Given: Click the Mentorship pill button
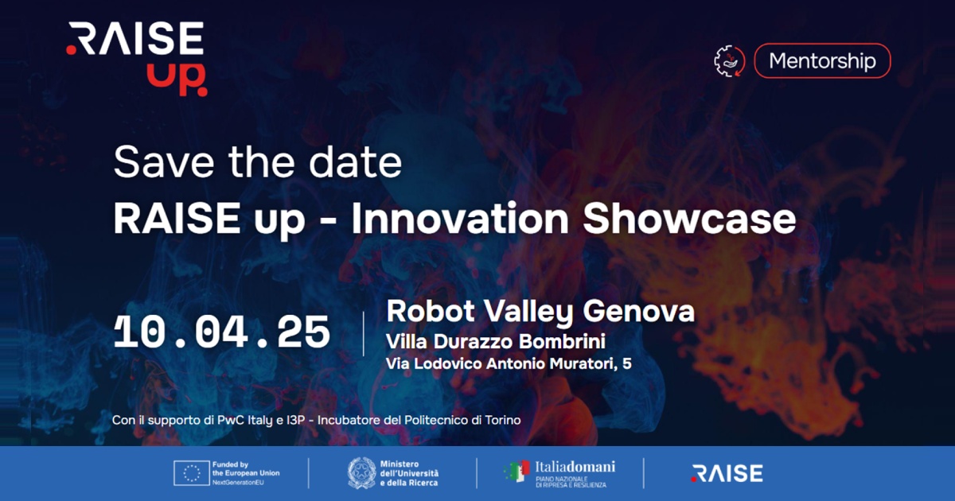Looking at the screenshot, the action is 822,60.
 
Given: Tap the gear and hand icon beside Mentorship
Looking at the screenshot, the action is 730,61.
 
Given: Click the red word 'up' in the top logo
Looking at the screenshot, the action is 177,80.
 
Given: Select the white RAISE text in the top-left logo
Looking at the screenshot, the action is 135,38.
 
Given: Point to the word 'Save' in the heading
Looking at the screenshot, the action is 163,162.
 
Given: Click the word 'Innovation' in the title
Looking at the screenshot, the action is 460,218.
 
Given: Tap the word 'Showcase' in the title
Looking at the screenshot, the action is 689,218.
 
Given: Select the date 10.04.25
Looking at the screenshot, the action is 222,332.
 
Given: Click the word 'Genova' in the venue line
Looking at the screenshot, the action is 638,311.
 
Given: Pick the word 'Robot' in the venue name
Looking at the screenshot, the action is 431,311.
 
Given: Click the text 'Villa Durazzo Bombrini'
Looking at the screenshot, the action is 495,341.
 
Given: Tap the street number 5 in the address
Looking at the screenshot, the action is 627,363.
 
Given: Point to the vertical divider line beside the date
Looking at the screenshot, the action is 363,333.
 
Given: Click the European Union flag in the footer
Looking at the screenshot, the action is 192,473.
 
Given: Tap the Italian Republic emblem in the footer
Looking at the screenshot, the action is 361,473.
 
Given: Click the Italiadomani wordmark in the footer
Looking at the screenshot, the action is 575,467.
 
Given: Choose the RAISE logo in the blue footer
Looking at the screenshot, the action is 727,473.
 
